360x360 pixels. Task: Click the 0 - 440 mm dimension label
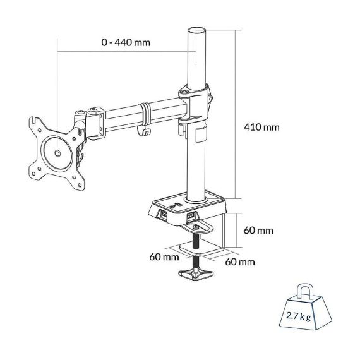129,43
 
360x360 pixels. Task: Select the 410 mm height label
261,127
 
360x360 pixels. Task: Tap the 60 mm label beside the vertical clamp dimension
258,230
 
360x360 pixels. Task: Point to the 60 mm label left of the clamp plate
164,256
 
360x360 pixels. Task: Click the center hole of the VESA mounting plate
56,152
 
